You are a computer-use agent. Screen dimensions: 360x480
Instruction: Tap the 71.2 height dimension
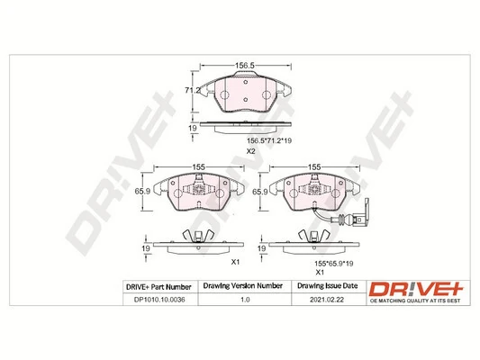click(x=191, y=91)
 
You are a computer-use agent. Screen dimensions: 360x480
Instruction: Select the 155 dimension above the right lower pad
click(x=315, y=167)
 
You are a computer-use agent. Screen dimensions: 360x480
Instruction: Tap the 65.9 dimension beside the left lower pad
click(x=140, y=192)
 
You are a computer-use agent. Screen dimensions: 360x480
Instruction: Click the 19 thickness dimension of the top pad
click(x=193, y=129)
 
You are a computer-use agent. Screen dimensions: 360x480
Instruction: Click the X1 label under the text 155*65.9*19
click(x=318, y=270)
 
